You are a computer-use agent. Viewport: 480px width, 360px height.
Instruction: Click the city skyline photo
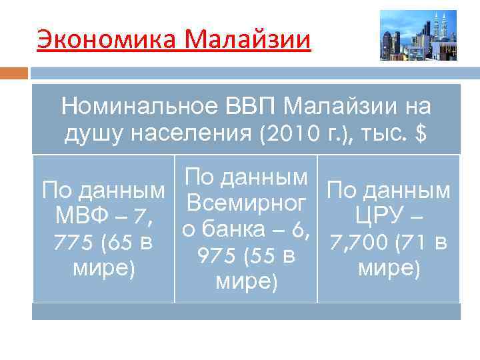pyautogui.click(x=418, y=35)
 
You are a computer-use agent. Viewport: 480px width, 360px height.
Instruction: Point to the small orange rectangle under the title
pyautogui.click(x=14, y=73)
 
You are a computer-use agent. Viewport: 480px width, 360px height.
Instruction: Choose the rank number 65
pyautogui.click(x=117, y=243)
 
